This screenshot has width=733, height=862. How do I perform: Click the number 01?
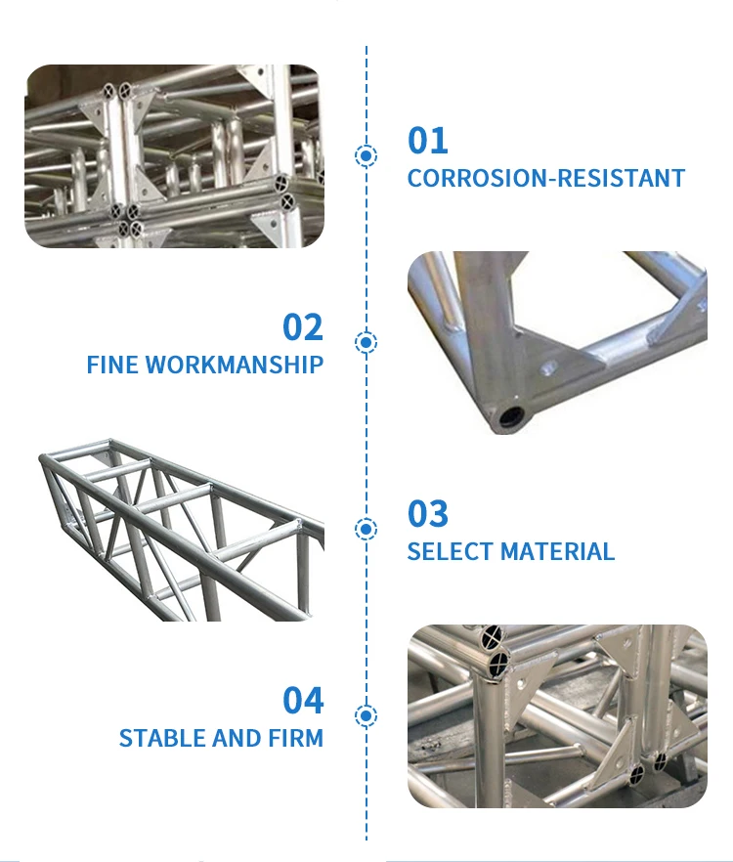(x=428, y=141)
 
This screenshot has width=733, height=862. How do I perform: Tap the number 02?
(x=303, y=326)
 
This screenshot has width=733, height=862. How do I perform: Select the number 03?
(x=428, y=514)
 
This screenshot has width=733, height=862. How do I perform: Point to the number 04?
(x=303, y=701)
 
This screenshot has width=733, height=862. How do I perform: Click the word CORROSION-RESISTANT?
(x=546, y=179)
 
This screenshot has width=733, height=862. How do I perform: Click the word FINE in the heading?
(x=112, y=366)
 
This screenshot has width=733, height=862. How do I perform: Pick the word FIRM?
(x=298, y=738)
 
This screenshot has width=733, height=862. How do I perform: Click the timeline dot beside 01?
(x=366, y=155)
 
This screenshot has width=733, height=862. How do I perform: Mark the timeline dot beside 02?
(x=366, y=342)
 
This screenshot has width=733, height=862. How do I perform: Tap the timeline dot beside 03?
(x=366, y=529)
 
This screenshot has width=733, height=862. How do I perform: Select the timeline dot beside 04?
(x=366, y=715)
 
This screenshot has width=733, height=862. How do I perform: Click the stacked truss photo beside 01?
(x=174, y=156)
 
